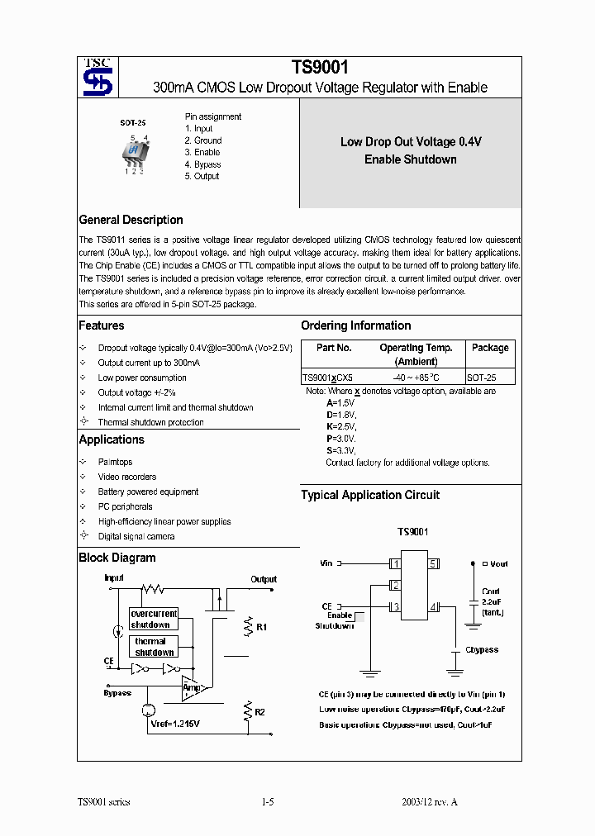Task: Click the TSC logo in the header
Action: [98, 77]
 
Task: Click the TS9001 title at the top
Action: [319, 69]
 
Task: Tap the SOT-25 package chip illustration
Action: [134, 152]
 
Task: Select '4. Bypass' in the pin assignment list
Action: [202, 164]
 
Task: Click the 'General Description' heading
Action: [131, 220]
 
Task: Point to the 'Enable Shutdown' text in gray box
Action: [410, 159]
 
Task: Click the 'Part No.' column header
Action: [334, 348]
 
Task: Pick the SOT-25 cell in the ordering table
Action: [490, 377]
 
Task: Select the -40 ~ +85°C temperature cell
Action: [416, 377]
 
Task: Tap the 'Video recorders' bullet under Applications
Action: [126, 477]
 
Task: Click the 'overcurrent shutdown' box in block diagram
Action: [154, 619]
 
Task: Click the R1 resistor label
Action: [261, 628]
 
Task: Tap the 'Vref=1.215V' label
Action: [174, 723]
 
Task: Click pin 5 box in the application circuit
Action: [432, 564]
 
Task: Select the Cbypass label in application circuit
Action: [482, 649]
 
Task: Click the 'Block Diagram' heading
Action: [117, 558]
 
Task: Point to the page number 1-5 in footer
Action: [267, 802]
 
